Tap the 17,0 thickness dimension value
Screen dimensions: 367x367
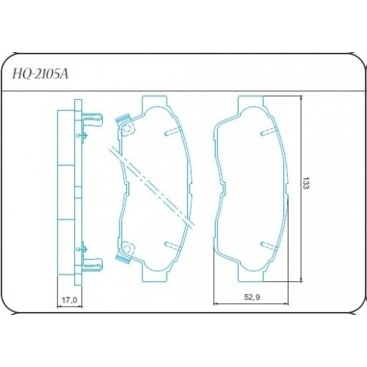[68, 299]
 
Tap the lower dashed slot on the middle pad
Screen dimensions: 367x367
[171, 244]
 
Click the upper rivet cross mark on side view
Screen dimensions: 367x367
[87, 135]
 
